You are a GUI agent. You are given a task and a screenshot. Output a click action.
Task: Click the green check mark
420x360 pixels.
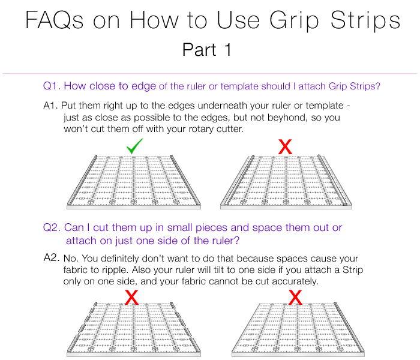[x=135, y=146]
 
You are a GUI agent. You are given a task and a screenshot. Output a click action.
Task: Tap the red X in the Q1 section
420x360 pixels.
[x=285, y=147]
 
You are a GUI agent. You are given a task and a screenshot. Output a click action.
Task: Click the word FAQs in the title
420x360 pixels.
[x=55, y=20]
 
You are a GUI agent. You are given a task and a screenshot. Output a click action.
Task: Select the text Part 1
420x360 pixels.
[x=206, y=50]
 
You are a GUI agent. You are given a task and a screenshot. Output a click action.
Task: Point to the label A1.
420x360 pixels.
[x=50, y=106]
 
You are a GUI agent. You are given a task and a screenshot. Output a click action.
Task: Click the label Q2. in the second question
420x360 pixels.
[x=52, y=227]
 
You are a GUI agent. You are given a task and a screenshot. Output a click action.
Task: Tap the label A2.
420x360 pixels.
[x=52, y=257]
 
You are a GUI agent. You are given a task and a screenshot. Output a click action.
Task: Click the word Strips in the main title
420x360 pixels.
[x=365, y=21]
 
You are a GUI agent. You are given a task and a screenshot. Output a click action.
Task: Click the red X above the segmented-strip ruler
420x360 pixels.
[x=131, y=297]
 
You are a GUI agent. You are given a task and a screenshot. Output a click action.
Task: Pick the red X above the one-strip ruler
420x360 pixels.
[x=295, y=297]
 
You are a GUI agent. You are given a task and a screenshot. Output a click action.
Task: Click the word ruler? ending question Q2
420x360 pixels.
[x=226, y=241]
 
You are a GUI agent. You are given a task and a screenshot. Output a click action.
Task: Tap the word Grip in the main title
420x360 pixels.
[x=294, y=21]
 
